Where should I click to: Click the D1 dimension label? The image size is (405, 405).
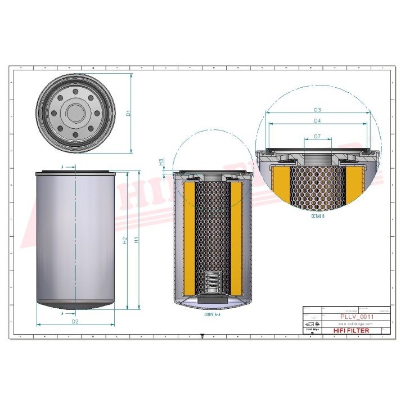(x=128, y=113)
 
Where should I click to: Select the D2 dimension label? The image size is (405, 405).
(x=75, y=321)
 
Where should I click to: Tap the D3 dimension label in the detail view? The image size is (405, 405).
(x=317, y=109)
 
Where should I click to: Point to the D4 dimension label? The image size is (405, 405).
(x=317, y=120)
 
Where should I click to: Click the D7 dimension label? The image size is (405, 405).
(x=317, y=136)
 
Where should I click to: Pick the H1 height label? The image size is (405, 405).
(x=136, y=240)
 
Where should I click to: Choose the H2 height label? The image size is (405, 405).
(x=124, y=240)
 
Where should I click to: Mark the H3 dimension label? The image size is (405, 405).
(x=161, y=161)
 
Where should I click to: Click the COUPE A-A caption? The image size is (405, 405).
(x=212, y=316)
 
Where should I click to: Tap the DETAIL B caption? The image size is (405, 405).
(x=318, y=215)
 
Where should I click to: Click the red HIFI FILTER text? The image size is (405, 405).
(x=352, y=331)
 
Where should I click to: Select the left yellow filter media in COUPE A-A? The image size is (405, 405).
(x=189, y=236)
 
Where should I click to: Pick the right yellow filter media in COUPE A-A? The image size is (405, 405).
(x=236, y=236)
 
